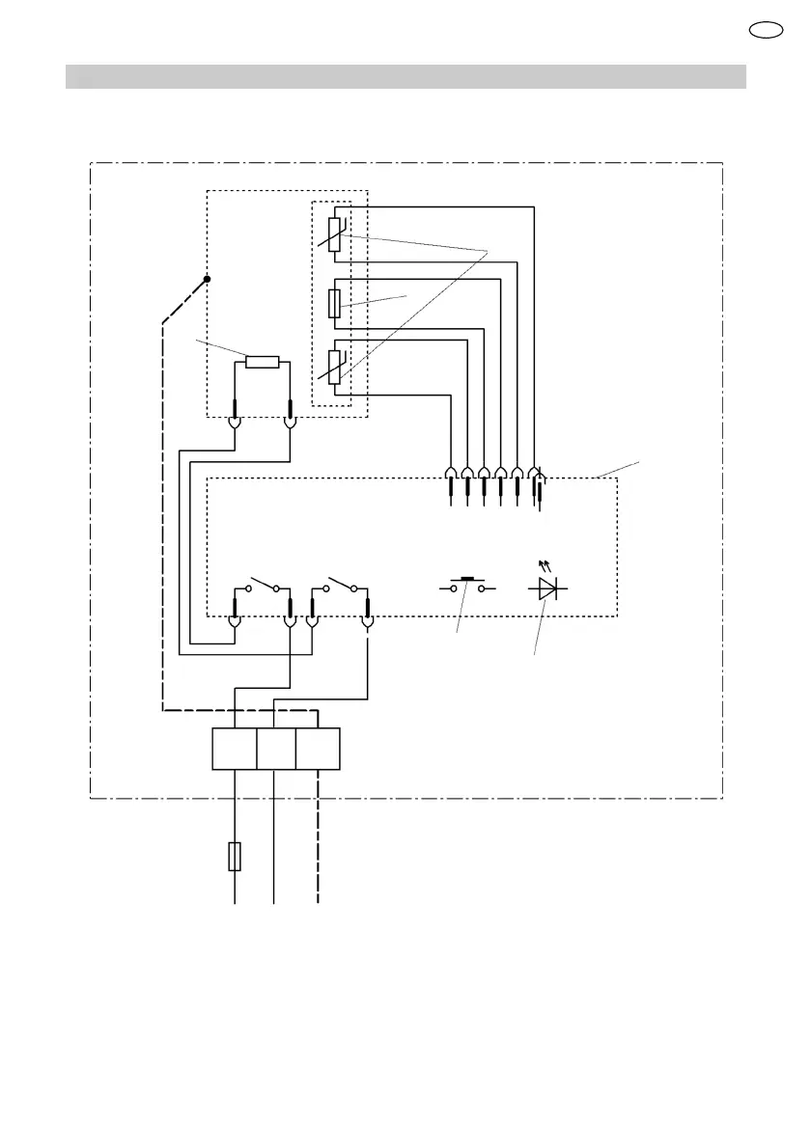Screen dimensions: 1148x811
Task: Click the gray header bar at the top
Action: (x=405, y=76)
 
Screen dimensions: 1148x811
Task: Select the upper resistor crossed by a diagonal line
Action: (x=334, y=234)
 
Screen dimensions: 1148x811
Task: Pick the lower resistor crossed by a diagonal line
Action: (x=334, y=366)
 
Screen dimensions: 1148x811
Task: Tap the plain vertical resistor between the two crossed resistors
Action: (x=334, y=302)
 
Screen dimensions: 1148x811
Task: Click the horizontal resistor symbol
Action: (x=263, y=362)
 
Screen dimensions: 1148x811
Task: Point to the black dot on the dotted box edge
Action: (x=208, y=280)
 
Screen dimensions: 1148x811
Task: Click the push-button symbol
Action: (x=468, y=585)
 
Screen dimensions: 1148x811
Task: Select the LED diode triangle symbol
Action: (x=547, y=587)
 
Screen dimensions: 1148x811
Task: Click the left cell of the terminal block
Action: (x=234, y=750)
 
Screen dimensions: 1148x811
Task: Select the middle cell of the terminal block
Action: (x=276, y=750)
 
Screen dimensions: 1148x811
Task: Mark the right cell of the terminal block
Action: (x=318, y=750)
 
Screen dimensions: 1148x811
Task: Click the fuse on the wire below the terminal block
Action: (x=235, y=856)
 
